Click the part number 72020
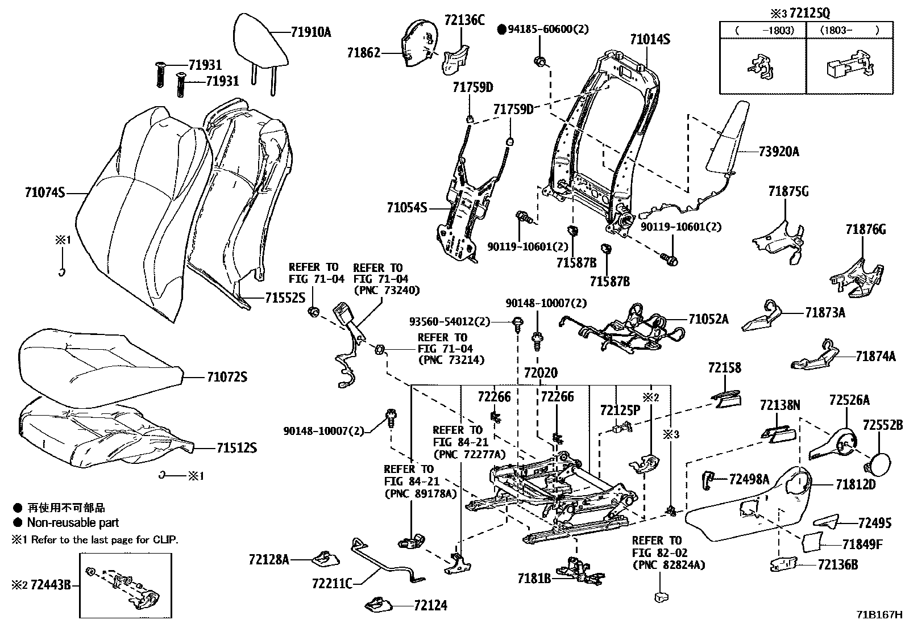(x=541, y=373)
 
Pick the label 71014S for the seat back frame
(x=650, y=39)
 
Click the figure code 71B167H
(x=880, y=614)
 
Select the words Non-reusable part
(x=73, y=522)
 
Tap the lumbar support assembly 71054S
(x=463, y=216)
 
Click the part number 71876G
(x=865, y=229)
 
